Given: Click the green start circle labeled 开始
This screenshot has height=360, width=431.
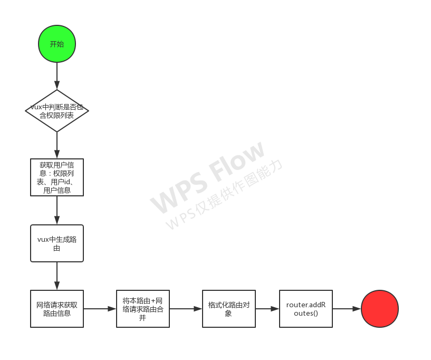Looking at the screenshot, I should pyautogui.click(x=57, y=44).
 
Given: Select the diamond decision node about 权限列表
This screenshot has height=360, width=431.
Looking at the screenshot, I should pyautogui.click(x=57, y=111).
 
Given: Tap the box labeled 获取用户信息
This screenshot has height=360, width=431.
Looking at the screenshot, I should pyautogui.click(x=57, y=177).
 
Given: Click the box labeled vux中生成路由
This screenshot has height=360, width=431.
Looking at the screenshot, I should pyautogui.click(x=57, y=243).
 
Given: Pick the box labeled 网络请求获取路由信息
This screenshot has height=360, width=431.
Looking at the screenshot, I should pyautogui.click(x=57, y=309).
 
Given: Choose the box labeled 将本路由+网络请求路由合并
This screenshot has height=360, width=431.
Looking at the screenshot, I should pyautogui.click(x=142, y=309).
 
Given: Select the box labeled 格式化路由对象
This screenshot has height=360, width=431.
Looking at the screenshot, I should pyautogui.click(x=228, y=309).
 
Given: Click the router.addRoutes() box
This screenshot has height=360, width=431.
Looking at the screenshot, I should pyautogui.click(x=306, y=309).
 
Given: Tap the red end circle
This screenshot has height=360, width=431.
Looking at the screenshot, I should pyautogui.click(x=380, y=309).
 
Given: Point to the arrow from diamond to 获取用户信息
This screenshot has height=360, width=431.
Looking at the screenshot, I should pyautogui.click(x=57, y=145).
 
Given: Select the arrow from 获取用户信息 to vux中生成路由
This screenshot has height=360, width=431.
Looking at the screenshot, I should pyautogui.click(x=57, y=211).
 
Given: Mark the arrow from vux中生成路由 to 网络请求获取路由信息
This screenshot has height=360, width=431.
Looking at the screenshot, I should pyautogui.click(x=57, y=276).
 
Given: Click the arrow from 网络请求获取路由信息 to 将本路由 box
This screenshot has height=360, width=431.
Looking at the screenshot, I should pyautogui.click(x=100, y=309).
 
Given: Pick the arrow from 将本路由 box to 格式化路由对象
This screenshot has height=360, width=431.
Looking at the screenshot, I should pyautogui.click(x=186, y=309).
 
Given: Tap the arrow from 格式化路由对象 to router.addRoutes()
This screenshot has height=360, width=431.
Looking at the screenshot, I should pyautogui.click(x=267, y=309).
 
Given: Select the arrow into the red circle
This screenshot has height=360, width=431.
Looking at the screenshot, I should pyautogui.click(x=347, y=309).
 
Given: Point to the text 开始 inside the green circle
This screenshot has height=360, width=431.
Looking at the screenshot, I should pyautogui.click(x=57, y=44).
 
